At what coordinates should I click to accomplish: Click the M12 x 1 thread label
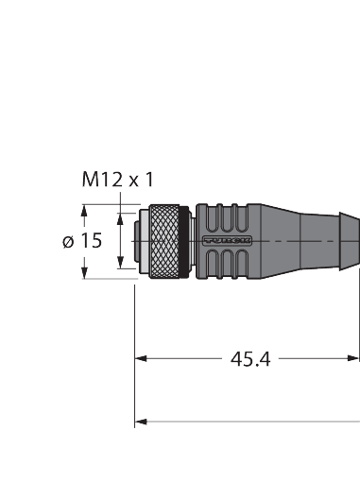click(118, 178)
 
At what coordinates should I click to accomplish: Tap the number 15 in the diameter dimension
click(90, 241)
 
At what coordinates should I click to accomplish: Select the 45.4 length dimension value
click(250, 359)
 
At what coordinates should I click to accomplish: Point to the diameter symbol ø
click(68, 242)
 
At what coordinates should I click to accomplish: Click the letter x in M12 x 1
click(134, 179)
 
